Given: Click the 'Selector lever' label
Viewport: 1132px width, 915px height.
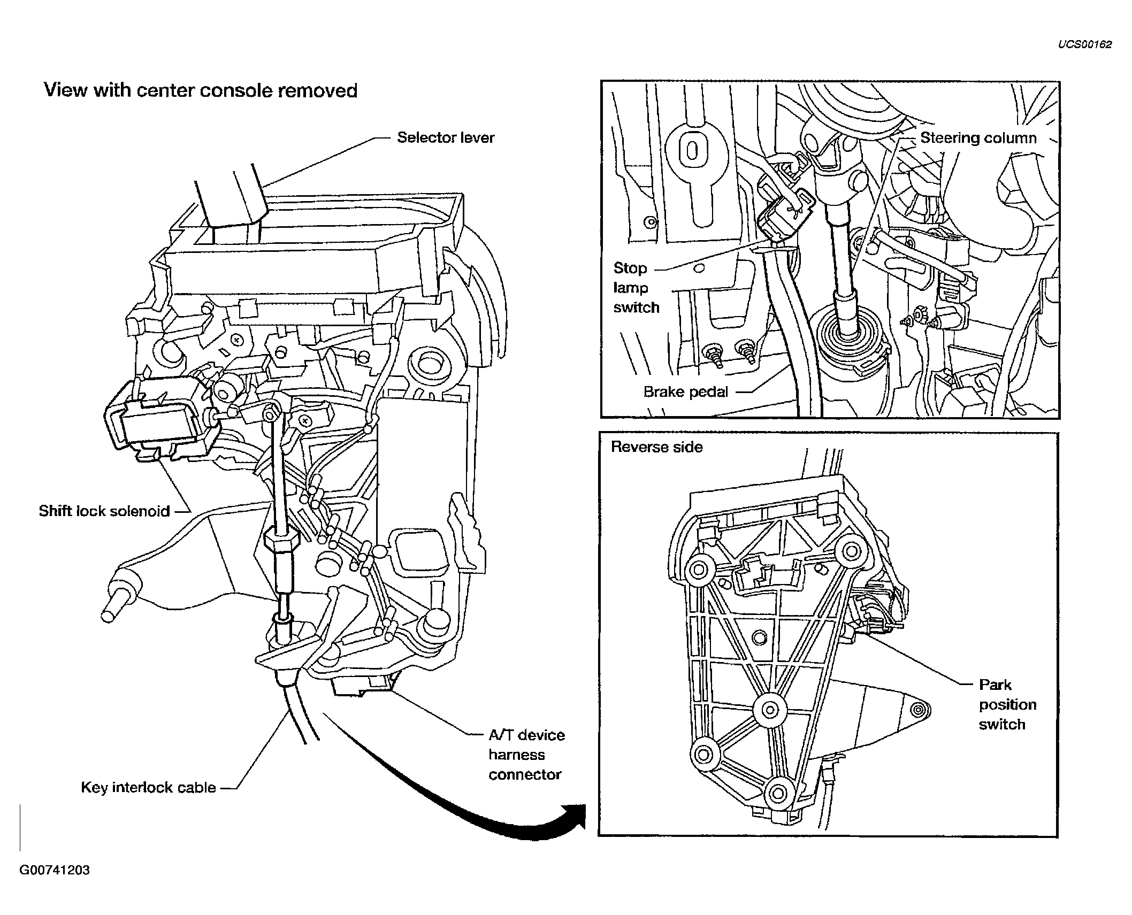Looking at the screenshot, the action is tap(446, 138).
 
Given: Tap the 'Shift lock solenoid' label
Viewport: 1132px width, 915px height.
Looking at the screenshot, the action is tap(104, 511).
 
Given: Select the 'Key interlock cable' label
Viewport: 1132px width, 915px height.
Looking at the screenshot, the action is tap(149, 788).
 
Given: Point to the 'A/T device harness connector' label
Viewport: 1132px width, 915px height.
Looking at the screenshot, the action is tap(526, 755).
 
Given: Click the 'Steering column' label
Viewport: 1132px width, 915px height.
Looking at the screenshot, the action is tap(978, 138).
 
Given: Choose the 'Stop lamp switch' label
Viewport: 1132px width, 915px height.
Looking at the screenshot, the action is tap(636, 288).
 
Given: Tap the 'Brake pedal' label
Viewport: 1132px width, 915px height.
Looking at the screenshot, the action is tap(686, 392).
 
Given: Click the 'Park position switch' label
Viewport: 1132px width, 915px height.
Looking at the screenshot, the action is tap(1007, 705).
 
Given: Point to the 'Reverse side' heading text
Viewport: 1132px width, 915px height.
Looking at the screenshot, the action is tap(656, 447).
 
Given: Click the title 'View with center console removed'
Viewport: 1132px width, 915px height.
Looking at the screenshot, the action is tap(201, 90).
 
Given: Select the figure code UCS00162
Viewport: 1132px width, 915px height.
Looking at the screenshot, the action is tap(1085, 44).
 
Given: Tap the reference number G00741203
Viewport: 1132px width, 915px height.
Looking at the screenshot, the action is tap(55, 870).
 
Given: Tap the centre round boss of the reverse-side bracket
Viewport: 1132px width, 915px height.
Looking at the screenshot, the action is tap(769, 710).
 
